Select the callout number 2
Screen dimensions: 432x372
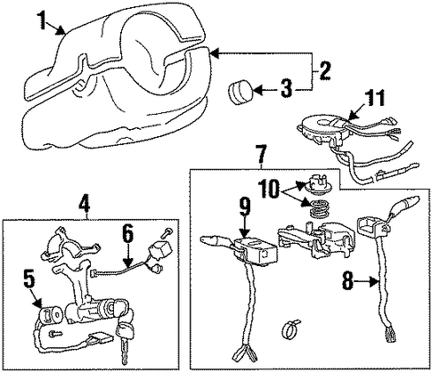tap(322, 69)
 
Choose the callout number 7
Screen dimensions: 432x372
tap(261, 154)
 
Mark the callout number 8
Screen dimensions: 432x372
tap(349, 280)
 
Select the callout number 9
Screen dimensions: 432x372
tap(244, 206)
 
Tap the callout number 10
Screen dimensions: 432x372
tap(270, 188)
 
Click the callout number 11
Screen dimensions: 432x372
tap(374, 98)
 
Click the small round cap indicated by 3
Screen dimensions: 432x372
tap(240, 93)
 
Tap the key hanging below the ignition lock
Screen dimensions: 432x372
tap(124, 344)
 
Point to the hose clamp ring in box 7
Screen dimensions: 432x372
tap(289, 330)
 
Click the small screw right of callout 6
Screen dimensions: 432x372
tap(166, 232)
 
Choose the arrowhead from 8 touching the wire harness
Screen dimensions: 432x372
tap(375, 282)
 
